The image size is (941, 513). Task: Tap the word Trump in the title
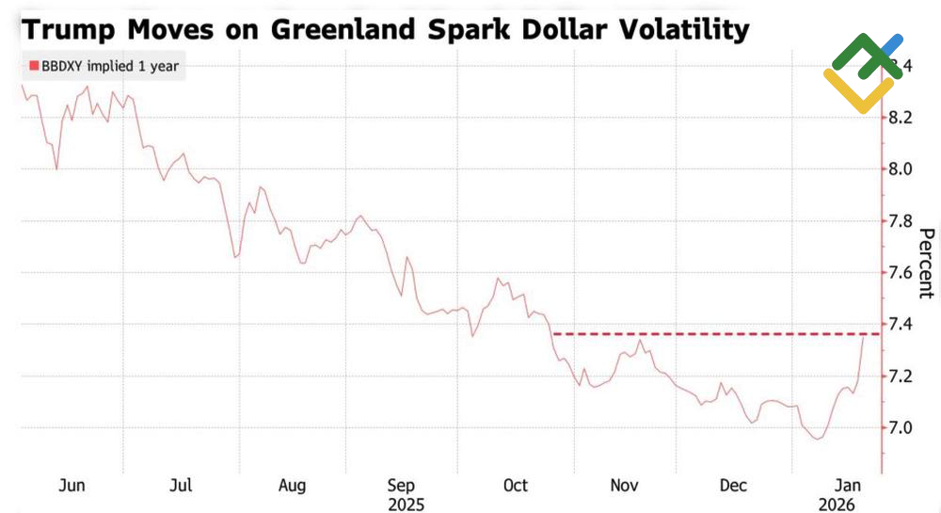click(71, 29)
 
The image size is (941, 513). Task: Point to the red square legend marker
click(34, 66)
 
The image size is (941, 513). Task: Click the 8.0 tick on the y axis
click(902, 169)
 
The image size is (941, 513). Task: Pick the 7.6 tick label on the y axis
click(902, 273)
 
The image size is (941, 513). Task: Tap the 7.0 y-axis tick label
click(902, 428)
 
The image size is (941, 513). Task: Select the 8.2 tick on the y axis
click(902, 118)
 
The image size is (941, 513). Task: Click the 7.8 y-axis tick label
click(902, 221)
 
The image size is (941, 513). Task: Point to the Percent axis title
click(927, 264)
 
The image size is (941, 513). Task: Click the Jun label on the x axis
click(72, 486)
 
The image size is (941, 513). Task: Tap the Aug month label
click(292, 486)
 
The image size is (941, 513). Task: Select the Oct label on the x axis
click(516, 486)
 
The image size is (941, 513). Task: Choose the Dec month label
click(733, 486)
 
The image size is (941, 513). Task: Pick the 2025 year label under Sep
click(406, 505)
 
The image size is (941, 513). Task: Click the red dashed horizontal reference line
click(715, 334)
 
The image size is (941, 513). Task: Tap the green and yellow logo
click(861, 72)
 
